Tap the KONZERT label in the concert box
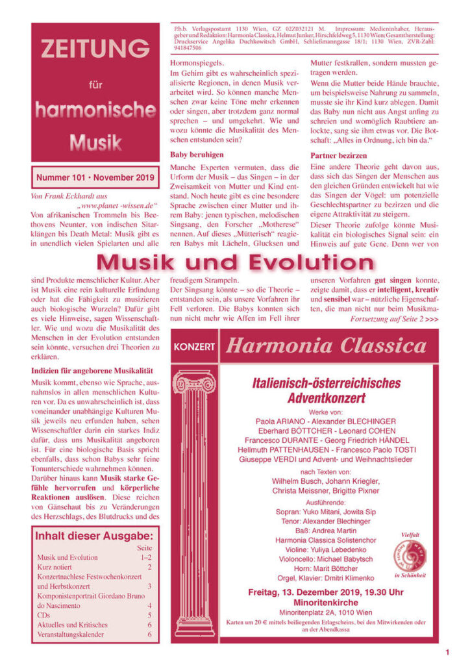click(x=194, y=347)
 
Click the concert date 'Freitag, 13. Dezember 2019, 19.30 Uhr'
click(x=326, y=592)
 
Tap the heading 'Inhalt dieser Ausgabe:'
click(x=94, y=536)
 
